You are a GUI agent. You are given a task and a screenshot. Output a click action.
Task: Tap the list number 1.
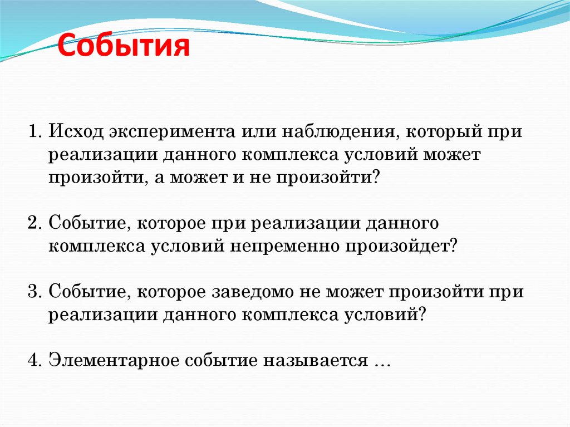(34, 134)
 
